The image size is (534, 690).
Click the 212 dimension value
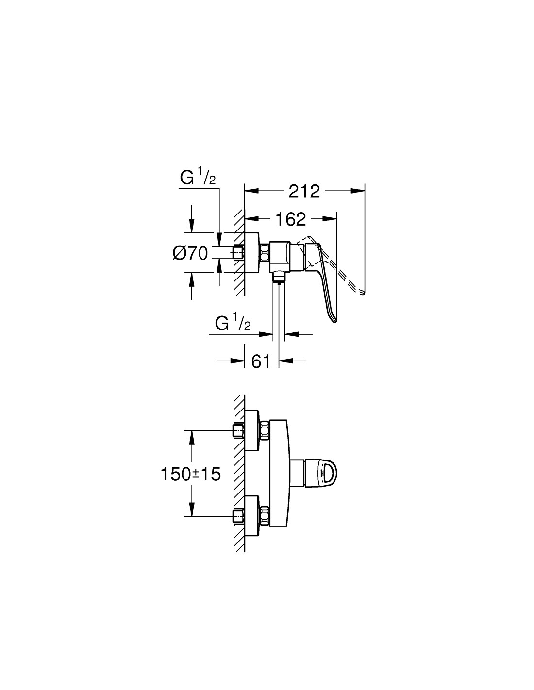(304, 192)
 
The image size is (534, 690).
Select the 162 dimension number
(290, 219)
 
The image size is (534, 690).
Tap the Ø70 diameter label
(190, 253)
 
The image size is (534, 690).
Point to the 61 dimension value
(261, 361)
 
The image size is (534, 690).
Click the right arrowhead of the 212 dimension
(358, 191)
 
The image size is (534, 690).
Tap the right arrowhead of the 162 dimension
(330, 218)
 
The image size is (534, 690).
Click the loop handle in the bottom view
(322, 473)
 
